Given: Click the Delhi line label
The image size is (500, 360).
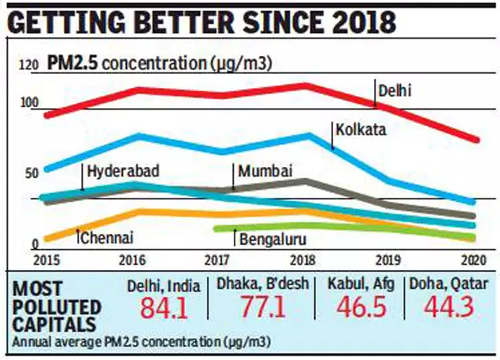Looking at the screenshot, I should [394, 90].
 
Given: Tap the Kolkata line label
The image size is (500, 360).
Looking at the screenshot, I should [360, 129].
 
